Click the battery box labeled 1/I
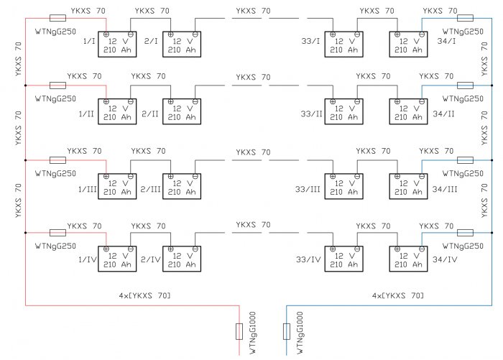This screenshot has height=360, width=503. [x=117, y=45]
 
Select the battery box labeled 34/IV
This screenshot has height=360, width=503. [x=408, y=259]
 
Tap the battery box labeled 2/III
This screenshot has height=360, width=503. [x=182, y=186]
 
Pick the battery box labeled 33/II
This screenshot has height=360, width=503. [x=344, y=111]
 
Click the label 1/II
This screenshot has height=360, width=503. [x=86, y=114]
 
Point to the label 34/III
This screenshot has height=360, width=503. [x=445, y=189]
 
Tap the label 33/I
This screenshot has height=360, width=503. [x=310, y=41]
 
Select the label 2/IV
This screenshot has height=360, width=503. [x=150, y=259]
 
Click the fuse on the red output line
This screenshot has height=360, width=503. [x=239, y=331]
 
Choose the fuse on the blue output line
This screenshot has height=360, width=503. [x=287, y=331]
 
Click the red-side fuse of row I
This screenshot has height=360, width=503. [x=57, y=18]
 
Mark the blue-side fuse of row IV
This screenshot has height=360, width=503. [x=465, y=233]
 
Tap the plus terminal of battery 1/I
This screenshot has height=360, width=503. [x=106, y=34]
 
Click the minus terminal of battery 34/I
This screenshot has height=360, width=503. [x=422, y=34]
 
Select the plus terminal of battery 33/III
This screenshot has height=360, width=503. [x=333, y=176]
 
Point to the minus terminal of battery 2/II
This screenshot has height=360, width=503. [x=195, y=101]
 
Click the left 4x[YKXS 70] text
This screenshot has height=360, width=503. [x=144, y=295]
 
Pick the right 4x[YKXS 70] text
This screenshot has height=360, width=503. [x=398, y=295]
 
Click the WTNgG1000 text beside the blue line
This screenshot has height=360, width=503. [x=300, y=333]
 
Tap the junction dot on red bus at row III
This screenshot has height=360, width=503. [x=25, y=160]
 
